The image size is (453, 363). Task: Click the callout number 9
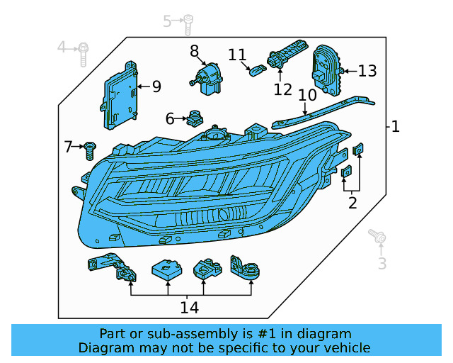tap(156, 87)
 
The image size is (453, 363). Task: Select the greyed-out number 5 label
tap(168, 21)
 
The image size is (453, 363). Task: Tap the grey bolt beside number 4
tap(84, 50)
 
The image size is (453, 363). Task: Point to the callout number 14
tap(189, 308)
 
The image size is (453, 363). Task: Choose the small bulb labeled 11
tap(257, 69)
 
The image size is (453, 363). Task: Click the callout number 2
tap(352, 204)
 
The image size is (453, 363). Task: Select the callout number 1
tap(396, 127)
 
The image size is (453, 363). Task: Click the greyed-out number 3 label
tap(382, 264)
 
